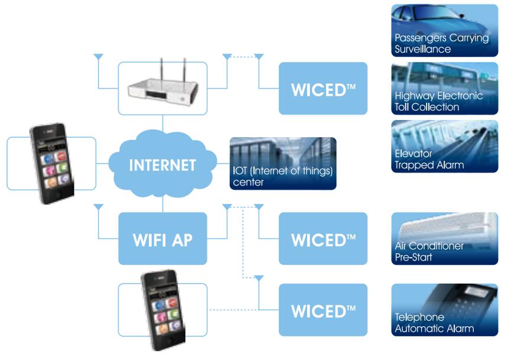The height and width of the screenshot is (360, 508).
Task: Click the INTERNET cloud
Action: [x=162, y=164]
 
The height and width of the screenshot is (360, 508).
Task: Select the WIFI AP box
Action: [x=162, y=239]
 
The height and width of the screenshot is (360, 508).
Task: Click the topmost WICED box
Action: [x=323, y=88]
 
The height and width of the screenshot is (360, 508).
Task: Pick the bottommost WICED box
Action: [x=323, y=310]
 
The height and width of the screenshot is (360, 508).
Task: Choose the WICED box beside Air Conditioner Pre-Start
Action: [x=323, y=239]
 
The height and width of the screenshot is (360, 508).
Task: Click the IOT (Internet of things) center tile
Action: [x=283, y=164]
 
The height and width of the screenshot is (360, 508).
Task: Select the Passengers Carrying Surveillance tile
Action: [x=444, y=31]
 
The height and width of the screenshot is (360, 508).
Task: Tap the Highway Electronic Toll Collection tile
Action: [x=444, y=88]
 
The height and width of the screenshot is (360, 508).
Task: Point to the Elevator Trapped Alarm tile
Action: [x=444, y=146]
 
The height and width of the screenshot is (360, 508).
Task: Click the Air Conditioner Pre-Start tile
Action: [x=444, y=239]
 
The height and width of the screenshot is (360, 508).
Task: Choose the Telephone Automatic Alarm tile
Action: [x=444, y=310]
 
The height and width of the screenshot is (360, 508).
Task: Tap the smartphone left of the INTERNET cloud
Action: [x=52, y=163]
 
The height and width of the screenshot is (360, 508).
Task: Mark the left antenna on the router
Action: [x=161, y=70]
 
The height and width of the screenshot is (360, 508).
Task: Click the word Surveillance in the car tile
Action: [x=422, y=49]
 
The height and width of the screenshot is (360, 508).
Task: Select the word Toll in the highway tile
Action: [x=402, y=107]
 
